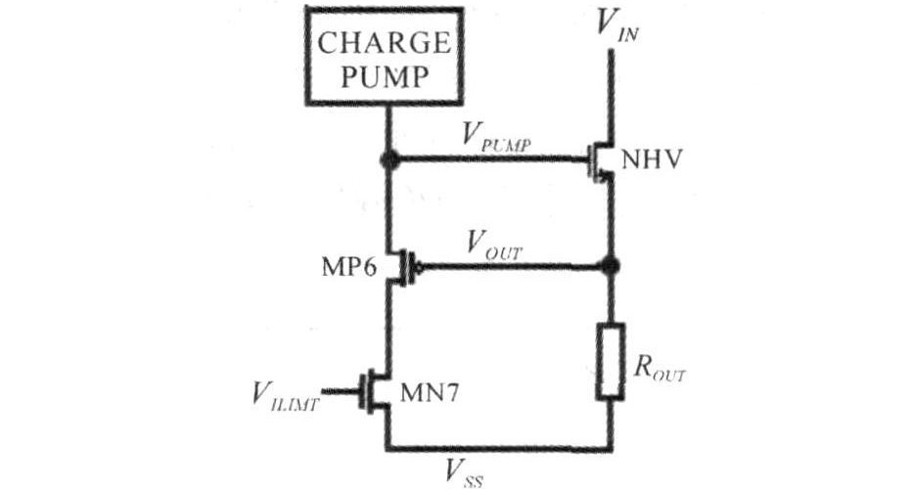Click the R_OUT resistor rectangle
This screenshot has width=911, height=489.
coord(611,359)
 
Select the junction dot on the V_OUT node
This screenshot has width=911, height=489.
coord(611,265)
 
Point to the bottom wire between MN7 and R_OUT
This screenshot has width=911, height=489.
coord(499,450)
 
